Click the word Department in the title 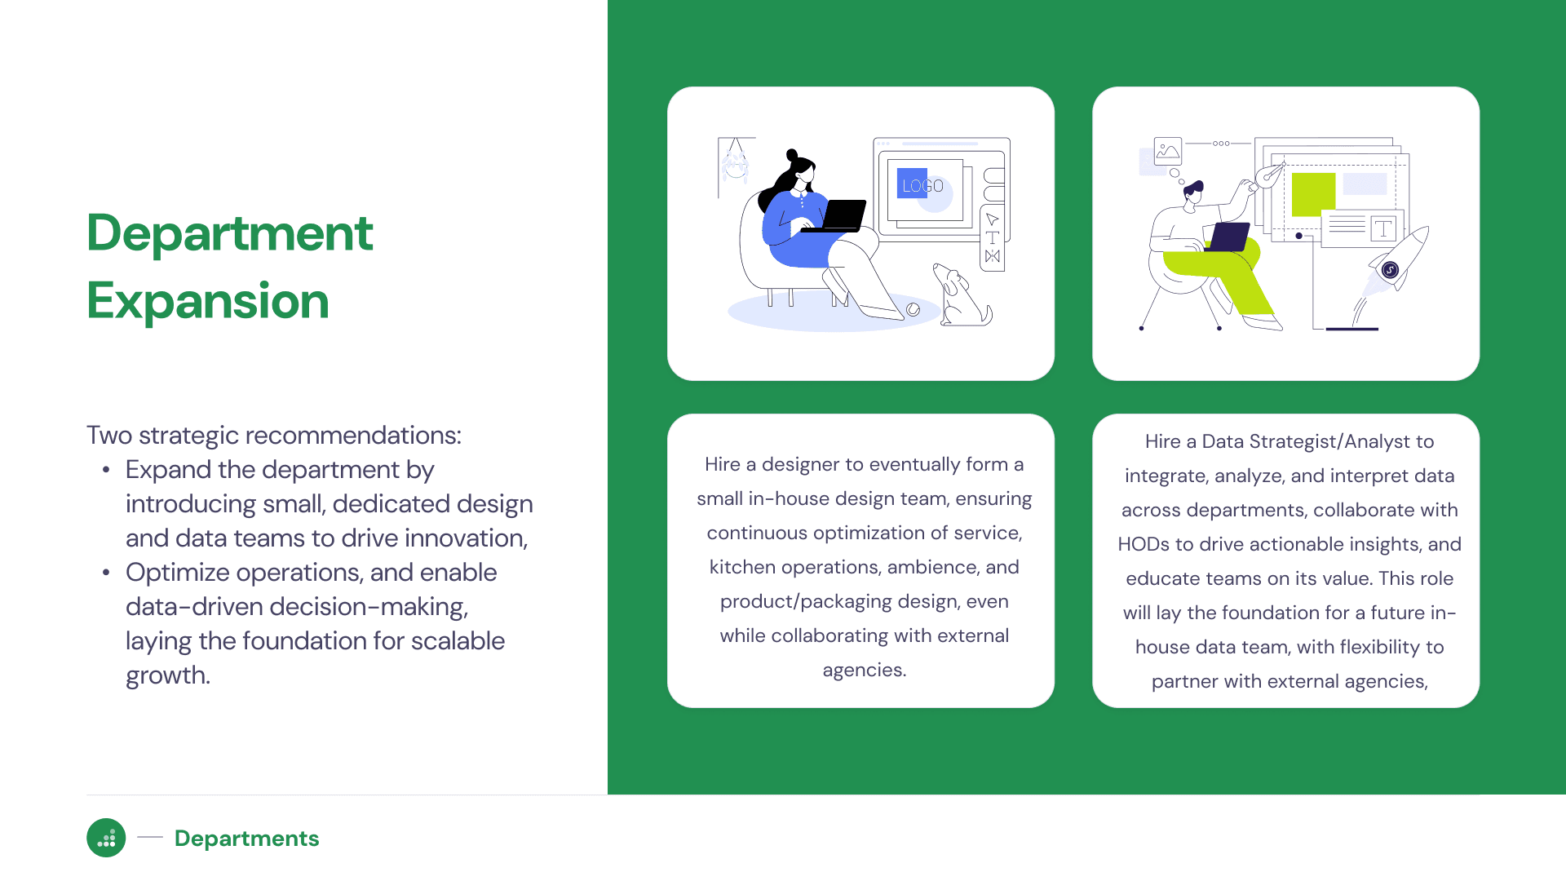pos(230,233)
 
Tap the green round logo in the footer pos(106,838)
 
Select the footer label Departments pos(246,839)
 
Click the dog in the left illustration pos(962,295)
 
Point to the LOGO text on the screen pos(922,186)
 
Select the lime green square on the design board pos(1313,194)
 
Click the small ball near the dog pos(913,309)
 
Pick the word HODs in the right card pos(1140,544)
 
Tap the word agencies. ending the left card pos(865,671)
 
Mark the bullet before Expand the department pos(106,471)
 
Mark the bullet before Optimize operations pos(106,573)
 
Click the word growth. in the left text pos(168,676)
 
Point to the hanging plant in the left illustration pos(735,161)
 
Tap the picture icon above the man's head pos(1168,151)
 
